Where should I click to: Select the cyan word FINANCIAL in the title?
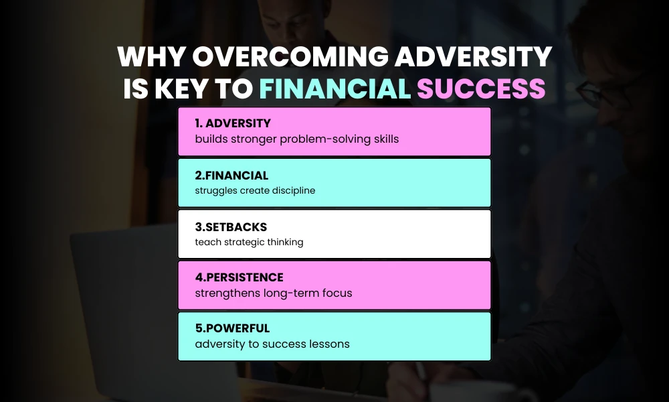pyautogui.click(x=334, y=89)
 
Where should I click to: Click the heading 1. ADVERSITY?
pyautogui.click(x=233, y=124)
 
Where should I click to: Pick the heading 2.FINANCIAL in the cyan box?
pyautogui.click(x=231, y=176)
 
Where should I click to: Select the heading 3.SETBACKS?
pyautogui.click(x=230, y=226)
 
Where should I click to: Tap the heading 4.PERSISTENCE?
pyautogui.click(x=239, y=277)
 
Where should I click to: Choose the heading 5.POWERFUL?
pyautogui.click(x=231, y=329)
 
